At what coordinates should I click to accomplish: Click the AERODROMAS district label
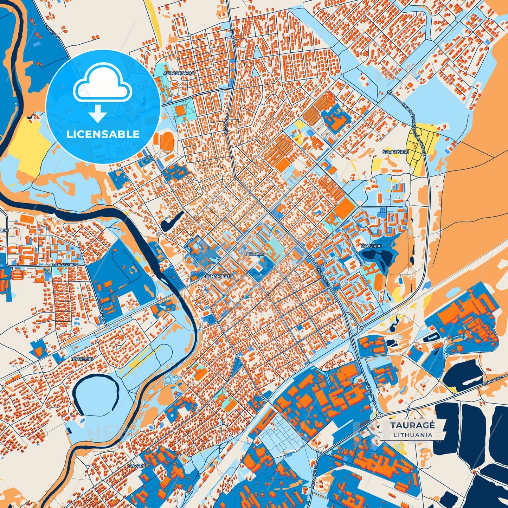[x=179, y=73]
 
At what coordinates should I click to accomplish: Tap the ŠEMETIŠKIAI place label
[x=396, y=152]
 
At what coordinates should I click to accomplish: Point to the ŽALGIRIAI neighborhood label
[x=371, y=246]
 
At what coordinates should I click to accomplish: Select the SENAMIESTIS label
[x=219, y=276]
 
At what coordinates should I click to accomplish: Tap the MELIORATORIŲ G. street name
[x=63, y=264]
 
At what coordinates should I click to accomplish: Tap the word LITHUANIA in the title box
[x=413, y=435]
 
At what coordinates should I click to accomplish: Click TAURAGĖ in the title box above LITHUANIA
[x=412, y=425]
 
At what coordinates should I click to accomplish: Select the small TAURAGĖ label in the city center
[x=253, y=253]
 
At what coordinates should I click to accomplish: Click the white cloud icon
[x=102, y=84]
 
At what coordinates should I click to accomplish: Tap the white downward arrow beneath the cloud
[x=98, y=113]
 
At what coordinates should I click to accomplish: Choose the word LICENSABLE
[x=103, y=134]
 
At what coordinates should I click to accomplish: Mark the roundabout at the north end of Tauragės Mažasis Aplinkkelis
[x=390, y=92]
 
